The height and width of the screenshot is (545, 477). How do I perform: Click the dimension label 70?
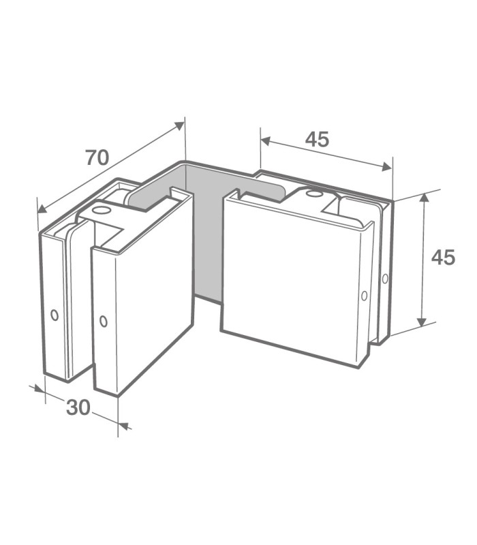pyautogui.click(x=97, y=157)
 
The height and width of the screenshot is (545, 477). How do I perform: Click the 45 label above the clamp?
pyautogui.click(x=317, y=139)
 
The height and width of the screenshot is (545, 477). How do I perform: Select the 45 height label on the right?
pyautogui.click(x=443, y=258)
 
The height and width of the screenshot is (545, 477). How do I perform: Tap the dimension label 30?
pyautogui.click(x=78, y=407)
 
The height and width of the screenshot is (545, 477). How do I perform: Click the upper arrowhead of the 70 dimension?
pyautogui.click(x=179, y=125)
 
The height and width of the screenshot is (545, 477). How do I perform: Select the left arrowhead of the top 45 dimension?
pyautogui.click(x=265, y=141)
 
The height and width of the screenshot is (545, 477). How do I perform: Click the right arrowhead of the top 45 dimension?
pyautogui.click(x=387, y=167)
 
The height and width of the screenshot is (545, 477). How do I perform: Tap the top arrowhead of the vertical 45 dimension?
pyautogui.click(x=423, y=199)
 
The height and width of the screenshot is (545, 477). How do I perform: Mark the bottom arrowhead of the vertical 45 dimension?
pyautogui.click(x=421, y=322)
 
